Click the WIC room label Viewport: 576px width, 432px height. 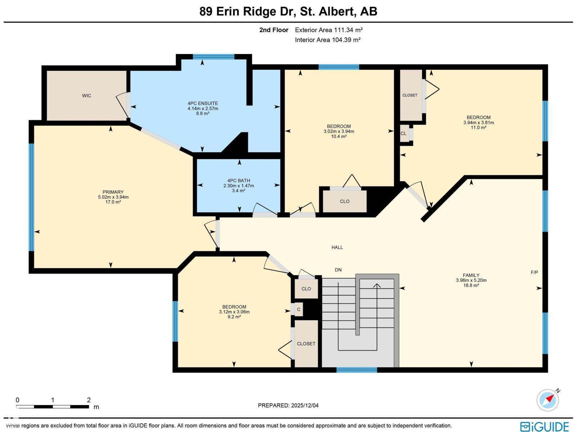[86, 96]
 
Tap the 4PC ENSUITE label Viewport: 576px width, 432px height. [203, 103]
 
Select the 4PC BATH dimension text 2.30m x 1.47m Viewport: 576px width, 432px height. [239, 186]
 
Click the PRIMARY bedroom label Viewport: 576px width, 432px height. [113, 192]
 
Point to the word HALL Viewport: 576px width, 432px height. [337, 247]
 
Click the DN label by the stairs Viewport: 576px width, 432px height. [338, 270]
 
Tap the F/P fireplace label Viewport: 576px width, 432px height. [534, 272]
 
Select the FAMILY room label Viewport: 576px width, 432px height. [471, 275]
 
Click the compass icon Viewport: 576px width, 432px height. [548, 400]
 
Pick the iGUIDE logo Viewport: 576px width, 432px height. [544, 426]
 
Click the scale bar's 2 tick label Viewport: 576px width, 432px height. [89, 400]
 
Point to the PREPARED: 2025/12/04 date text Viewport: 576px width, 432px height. [288, 405]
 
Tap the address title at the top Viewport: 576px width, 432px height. [288, 12]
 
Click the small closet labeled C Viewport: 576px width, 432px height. [298, 310]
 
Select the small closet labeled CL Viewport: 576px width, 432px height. [404, 134]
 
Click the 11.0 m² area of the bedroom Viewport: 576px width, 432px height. [478, 127]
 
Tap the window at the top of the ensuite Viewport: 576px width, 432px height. [213, 57]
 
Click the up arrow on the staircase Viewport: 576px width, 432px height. [377, 286]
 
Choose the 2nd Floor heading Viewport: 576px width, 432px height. [274, 30]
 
